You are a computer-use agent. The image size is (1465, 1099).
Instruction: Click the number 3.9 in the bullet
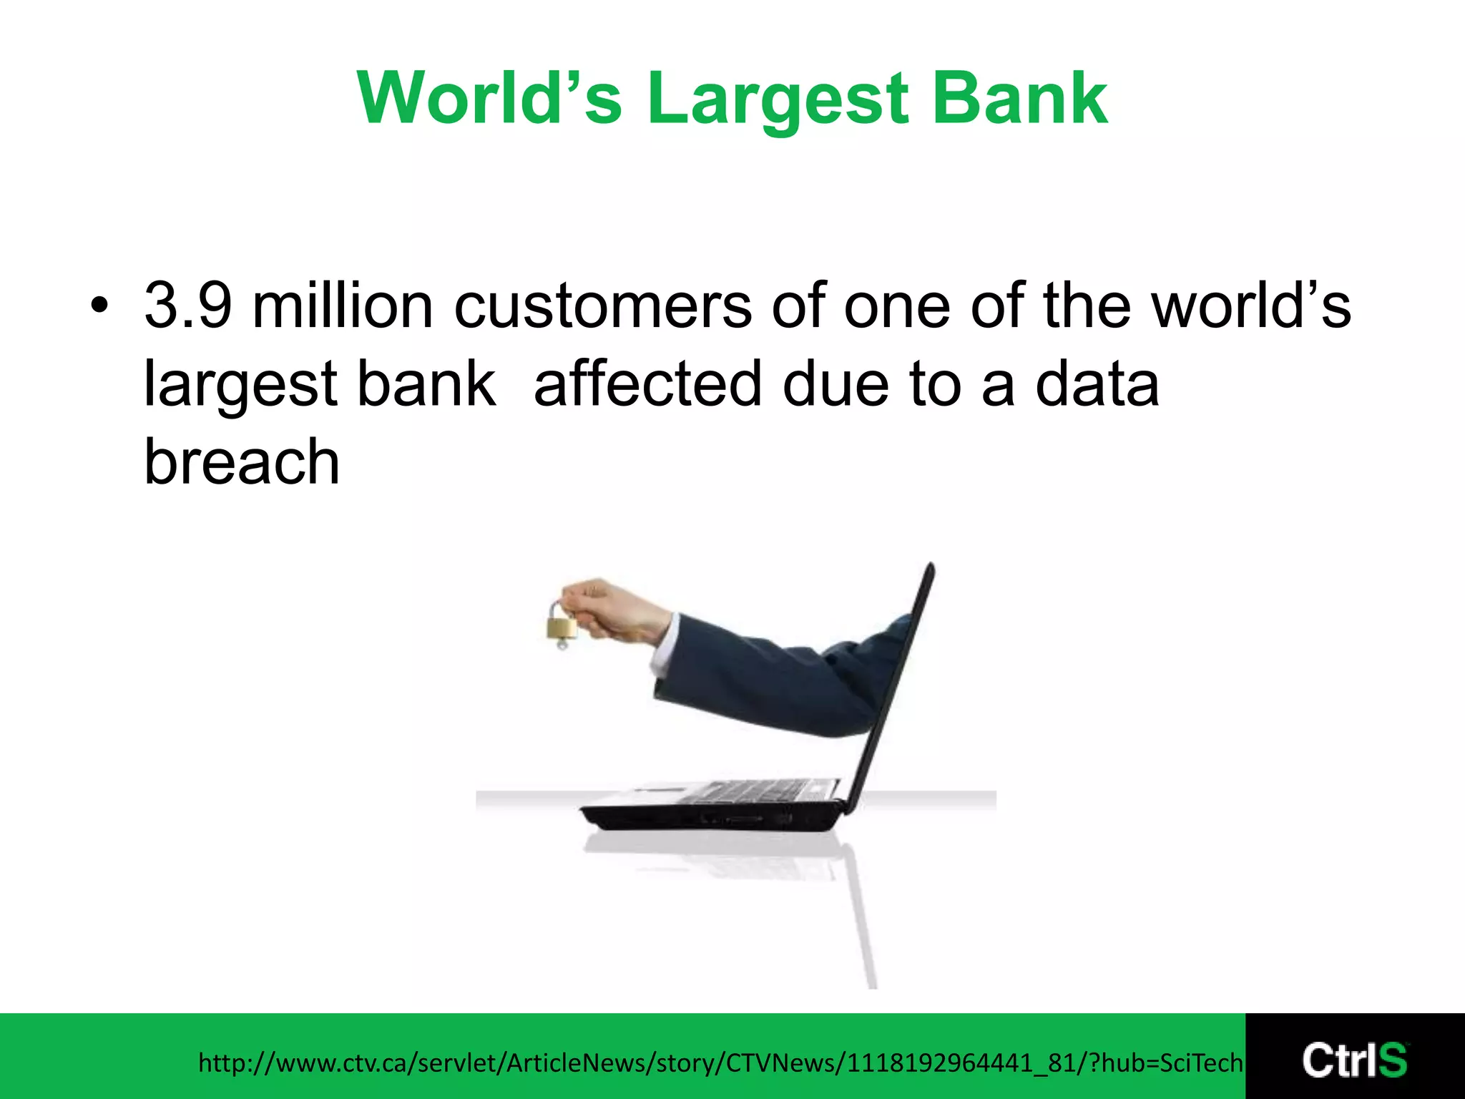tap(188, 306)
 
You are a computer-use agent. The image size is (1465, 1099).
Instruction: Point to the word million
tap(343, 306)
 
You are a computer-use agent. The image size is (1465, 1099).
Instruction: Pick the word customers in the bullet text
tap(603, 306)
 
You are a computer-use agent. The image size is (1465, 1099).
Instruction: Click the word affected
tap(647, 384)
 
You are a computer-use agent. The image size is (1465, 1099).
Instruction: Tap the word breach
tap(242, 461)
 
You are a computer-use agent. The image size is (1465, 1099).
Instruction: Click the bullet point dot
tap(99, 307)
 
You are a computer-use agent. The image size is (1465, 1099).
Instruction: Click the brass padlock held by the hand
tap(562, 626)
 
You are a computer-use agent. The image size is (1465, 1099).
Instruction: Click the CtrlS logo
tap(1355, 1059)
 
